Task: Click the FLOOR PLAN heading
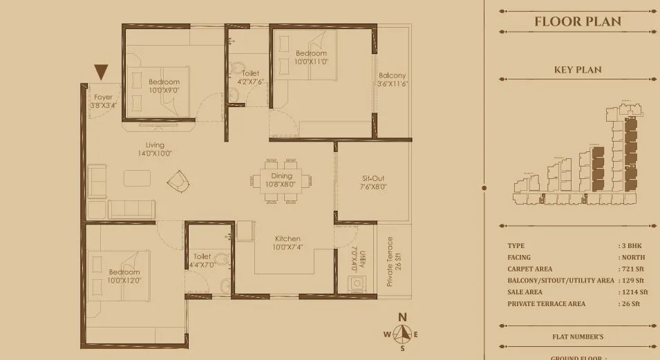pos(577,21)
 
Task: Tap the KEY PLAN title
pos(577,70)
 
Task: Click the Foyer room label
pos(102,102)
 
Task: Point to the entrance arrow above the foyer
pos(102,71)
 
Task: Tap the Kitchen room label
pos(285,243)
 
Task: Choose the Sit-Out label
pos(373,182)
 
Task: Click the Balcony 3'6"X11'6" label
pos(392,79)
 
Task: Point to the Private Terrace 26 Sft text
pos(393,262)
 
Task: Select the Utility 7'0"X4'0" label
pos(355,256)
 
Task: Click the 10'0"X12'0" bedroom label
pos(124,276)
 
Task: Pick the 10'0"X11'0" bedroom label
pos(311,57)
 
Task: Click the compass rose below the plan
pos(402,334)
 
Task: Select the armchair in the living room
pos(177,181)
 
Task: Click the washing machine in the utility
pos(357,285)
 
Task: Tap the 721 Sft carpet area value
pos(632,269)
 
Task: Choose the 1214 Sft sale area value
pos(633,292)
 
